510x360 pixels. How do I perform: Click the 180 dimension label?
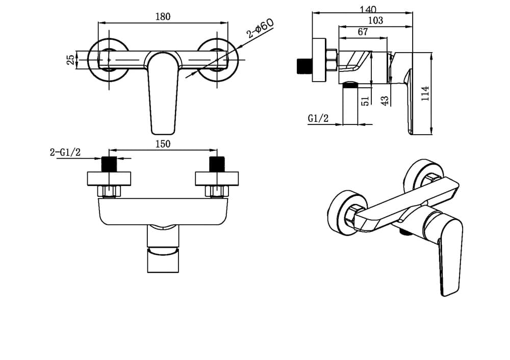[x=163, y=17]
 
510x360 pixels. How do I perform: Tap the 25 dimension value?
[x=70, y=60]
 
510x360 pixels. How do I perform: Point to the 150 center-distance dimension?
[x=163, y=144]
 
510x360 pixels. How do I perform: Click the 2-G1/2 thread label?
[x=65, y=152]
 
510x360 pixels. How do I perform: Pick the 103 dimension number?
[x=376, y=20]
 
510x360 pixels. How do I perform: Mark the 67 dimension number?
[x=363, y=32]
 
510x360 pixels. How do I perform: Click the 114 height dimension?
[x=425, y=94]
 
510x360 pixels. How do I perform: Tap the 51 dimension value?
[x=365, y=100]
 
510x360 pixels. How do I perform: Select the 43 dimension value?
[x=385, y=100]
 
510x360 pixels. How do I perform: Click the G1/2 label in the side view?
[x=318, y=118]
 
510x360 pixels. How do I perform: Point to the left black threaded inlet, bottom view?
[x=109, y=164]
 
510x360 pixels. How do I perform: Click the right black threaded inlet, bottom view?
[x=217, y=164]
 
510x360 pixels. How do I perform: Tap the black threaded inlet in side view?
[x=305, y=66]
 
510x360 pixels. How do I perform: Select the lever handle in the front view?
[x=163, y=93]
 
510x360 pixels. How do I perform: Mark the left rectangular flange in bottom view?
[x=109, y=179]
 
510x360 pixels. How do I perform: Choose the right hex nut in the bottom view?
[x=217, y=191]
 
